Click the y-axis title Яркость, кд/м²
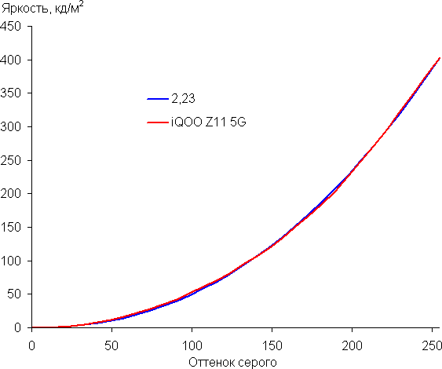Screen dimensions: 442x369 point(42,8)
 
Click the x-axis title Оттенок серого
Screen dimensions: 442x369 point(232,362)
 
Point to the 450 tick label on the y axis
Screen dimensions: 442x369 point(11,27)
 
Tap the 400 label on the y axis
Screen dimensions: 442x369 point(11,60)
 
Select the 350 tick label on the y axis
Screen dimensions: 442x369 point(11,93)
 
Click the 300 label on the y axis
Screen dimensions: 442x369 point(11,127)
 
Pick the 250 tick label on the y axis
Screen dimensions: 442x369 point(11,160)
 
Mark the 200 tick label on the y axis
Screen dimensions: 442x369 point(11,194)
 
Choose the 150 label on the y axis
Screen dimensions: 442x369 point(11,227)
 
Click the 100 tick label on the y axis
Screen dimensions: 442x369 point(11,261)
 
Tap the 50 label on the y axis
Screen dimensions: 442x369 point(14,294)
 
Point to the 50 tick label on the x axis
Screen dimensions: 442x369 point(111,345)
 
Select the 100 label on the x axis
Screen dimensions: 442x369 point(192,345)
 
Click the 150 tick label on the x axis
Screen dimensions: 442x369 point(272,345)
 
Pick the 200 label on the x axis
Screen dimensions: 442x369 point(352,345)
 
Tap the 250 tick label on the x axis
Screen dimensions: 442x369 point(432,345)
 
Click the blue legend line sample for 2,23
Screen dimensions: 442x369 point(158,99)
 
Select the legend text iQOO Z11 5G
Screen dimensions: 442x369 point(209,122)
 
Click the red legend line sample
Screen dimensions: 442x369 point(158,122)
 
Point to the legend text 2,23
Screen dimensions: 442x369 point(183,99)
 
